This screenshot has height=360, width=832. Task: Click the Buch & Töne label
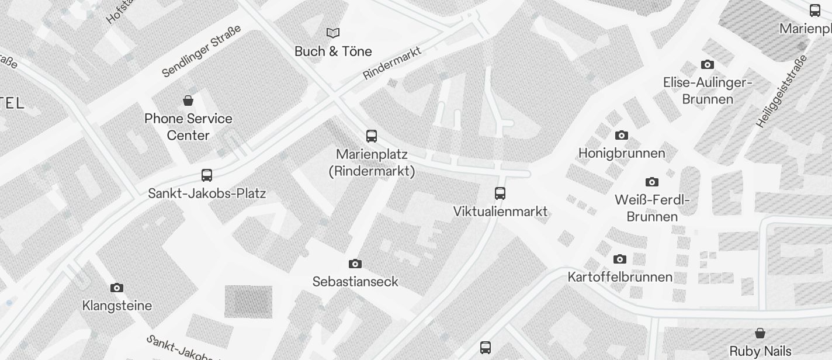click(333, 51)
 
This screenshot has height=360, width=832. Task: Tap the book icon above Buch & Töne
click(333, 33)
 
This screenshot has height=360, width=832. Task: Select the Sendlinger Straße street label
click(201, 51)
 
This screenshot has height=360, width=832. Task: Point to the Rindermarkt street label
click(392, 64)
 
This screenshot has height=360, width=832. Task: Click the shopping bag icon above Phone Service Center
click(188, 101)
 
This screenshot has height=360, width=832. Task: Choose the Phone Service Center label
click(188, 127)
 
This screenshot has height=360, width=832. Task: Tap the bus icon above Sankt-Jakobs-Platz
click(207, 175)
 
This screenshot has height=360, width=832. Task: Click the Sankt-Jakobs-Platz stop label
click(207, 193)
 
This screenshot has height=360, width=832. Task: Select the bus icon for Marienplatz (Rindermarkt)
click(372, 136)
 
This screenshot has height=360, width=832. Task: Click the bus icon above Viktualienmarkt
click(500, 193)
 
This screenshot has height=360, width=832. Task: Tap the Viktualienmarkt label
click(500, 212)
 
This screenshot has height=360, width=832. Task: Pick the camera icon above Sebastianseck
click(355, 264)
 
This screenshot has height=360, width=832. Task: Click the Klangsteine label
click(117, 306)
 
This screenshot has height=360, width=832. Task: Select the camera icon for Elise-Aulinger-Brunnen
click(708, 65)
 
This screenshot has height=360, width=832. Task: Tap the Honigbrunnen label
click(622, 154)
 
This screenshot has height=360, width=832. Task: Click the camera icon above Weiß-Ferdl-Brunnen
click(652, 182)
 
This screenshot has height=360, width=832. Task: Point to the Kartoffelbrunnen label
click(620, 277)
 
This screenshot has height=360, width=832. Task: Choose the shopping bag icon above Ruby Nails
click(760, 334)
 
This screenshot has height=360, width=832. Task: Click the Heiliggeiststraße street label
click(781, 91)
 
